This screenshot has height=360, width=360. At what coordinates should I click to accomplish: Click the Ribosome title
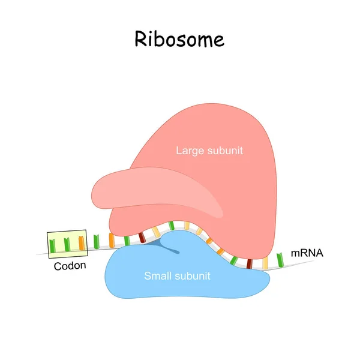179,39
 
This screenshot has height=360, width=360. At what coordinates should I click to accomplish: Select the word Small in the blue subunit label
157,276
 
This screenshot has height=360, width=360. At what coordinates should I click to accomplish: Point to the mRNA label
307,253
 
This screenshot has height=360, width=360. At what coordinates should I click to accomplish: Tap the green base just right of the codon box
96,242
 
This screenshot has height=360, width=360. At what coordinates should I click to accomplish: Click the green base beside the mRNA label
280,259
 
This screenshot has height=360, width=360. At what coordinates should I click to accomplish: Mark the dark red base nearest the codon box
142,238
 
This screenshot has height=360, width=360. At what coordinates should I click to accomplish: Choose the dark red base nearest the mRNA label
248,262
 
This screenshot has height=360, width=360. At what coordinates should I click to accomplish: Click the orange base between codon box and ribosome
111,241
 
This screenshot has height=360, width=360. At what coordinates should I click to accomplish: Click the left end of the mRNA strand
38,253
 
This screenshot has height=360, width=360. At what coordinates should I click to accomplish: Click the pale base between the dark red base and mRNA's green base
265,263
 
